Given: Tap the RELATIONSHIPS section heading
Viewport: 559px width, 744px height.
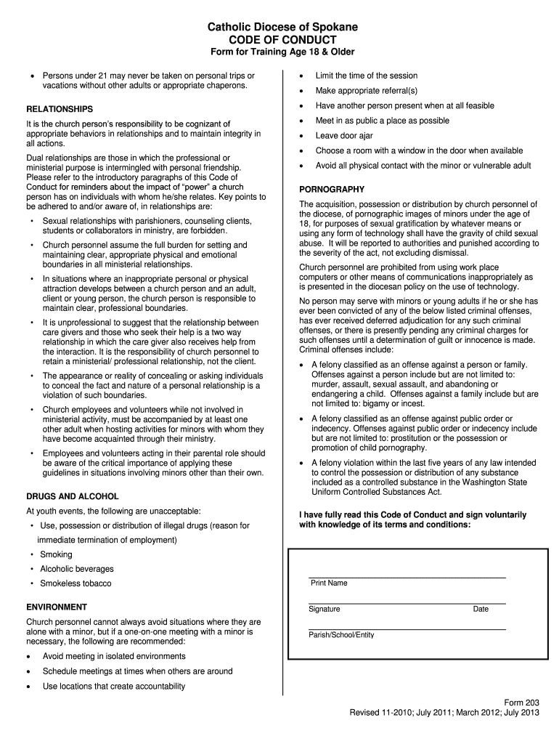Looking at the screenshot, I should coord(60,109).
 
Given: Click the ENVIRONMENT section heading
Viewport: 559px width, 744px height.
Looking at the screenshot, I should coord(57,607).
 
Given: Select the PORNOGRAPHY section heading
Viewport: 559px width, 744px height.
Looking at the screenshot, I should coord(332,190).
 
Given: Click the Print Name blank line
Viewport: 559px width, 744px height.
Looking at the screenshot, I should coord(407,575).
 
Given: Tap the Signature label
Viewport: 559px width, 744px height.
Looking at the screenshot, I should coord(324,609).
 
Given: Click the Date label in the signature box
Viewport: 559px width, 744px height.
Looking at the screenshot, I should coord(481,609).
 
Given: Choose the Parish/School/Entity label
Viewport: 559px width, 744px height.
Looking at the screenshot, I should coord(341,635).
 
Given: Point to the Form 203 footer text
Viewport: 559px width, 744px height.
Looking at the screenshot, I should coord(523,702).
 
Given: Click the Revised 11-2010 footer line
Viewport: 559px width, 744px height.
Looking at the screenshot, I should coord(445,713).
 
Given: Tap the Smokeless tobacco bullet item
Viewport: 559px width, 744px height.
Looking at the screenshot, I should coord(76,583).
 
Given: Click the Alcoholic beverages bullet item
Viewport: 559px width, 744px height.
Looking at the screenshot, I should coord(76,569).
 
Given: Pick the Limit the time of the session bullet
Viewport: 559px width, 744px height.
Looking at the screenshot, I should coord(366,76).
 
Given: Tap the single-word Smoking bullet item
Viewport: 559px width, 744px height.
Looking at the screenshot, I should coord(56,554).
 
